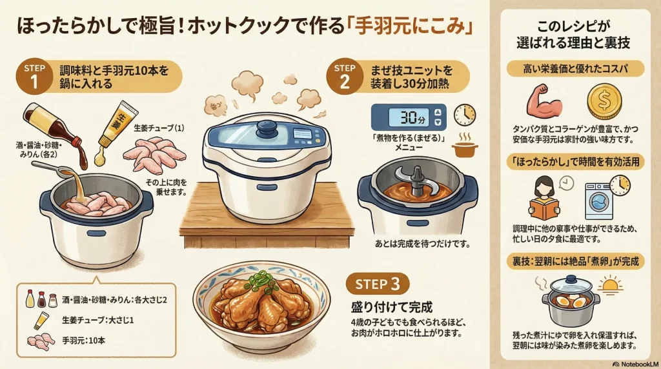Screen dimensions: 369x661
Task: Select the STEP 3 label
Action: [378, 284]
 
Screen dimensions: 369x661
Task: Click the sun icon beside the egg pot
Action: [610, 285]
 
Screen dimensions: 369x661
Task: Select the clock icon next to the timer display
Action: [463, 115]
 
